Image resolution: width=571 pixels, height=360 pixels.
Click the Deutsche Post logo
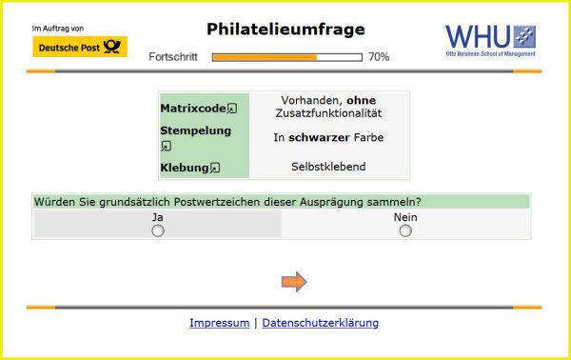tap(80, 46)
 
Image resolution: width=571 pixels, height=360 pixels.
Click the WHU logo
tap(490, 40)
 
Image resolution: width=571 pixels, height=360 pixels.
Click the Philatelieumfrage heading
tap(285, 30)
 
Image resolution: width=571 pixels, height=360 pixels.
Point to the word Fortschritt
tap(173, 57)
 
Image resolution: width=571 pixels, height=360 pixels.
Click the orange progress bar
tap(286, 57)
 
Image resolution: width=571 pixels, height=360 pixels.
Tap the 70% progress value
tap(379, 57)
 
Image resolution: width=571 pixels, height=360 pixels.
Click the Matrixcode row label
tap(193, 109)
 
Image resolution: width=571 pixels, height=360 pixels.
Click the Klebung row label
tap(185, 168)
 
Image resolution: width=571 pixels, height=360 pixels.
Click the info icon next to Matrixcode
tap(232, 110)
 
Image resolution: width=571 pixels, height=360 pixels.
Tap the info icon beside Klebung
tap(215, 169)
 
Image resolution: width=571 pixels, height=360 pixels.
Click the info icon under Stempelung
tap(166, 146)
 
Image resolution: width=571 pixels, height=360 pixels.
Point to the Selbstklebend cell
tap(328, 167)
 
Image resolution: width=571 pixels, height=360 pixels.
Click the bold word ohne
tap(361, 100)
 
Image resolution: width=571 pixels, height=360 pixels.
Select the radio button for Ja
tap(158, 230)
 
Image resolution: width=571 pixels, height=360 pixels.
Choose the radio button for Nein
tap(405, 230)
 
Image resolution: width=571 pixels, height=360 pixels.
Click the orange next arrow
tap(294, 281)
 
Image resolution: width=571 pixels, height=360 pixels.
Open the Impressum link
tap(219, 323)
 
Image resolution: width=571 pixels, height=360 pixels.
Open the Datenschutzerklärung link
tap(320, 323)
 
